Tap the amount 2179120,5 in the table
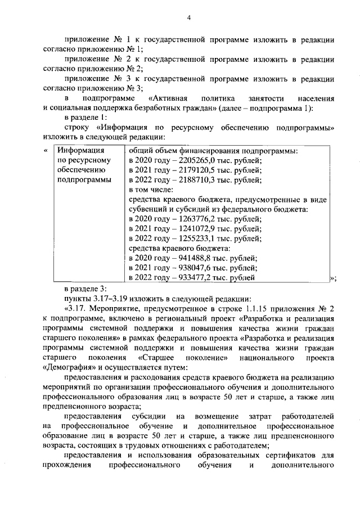pos(201,170)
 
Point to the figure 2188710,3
pos(201,180)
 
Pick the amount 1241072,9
pos(201,228)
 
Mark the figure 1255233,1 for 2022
pos(201,238)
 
